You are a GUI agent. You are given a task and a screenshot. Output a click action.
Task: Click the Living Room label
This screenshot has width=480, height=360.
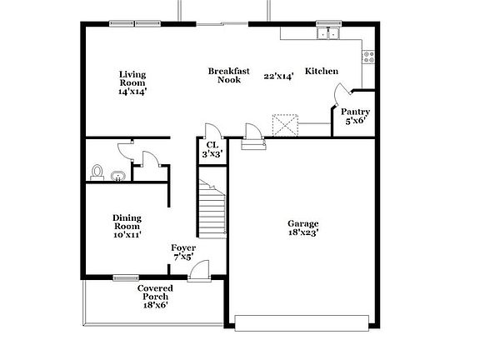(132, 78)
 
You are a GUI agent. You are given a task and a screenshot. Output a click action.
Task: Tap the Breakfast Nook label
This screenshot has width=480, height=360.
(229, 75)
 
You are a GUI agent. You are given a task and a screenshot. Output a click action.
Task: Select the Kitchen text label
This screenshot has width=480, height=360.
(322, 72)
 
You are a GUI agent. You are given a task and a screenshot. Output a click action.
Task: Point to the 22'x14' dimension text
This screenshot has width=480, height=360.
(277, 76)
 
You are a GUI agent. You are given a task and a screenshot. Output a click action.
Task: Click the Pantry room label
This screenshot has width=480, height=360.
(355, 112)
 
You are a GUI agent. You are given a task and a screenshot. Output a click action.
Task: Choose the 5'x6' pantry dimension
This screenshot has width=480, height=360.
(355, 121)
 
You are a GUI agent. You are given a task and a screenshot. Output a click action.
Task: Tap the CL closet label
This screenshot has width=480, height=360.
(212, 144)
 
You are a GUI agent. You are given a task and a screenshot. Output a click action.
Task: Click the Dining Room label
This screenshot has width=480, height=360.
(127, 222)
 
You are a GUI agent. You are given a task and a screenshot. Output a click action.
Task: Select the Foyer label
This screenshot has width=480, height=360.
(183, 247)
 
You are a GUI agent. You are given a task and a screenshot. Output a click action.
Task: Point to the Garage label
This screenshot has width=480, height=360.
(303, 223)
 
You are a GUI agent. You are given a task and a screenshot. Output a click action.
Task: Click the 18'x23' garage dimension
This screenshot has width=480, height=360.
(303, 232)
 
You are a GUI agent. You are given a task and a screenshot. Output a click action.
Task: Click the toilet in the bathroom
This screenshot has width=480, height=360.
(97, 172)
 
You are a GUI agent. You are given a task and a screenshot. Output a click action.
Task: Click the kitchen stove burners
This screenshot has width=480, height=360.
(367, 57)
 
